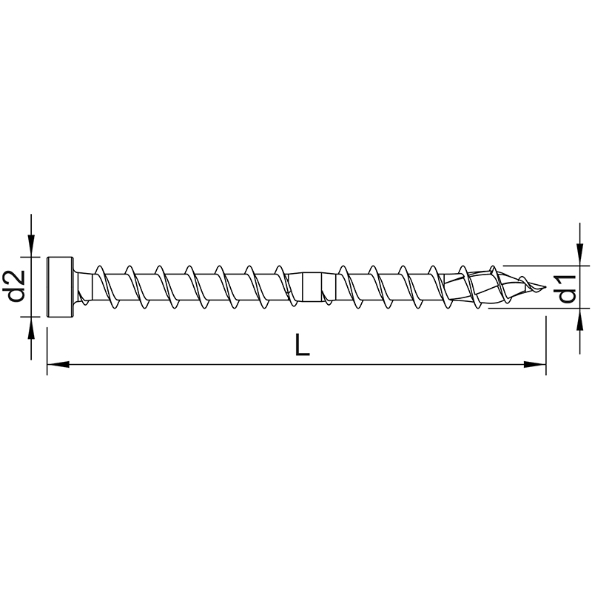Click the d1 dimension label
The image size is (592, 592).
tap(567, 289)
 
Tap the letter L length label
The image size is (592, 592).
tap(303, 345)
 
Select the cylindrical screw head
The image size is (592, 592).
tap(60, 287)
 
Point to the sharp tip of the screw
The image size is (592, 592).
tap(545, 288)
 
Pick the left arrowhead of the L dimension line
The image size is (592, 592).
tap(58, 365)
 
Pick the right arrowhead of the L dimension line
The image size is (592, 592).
tap(534, 365)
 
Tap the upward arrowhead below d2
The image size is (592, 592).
tap(31, 328)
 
